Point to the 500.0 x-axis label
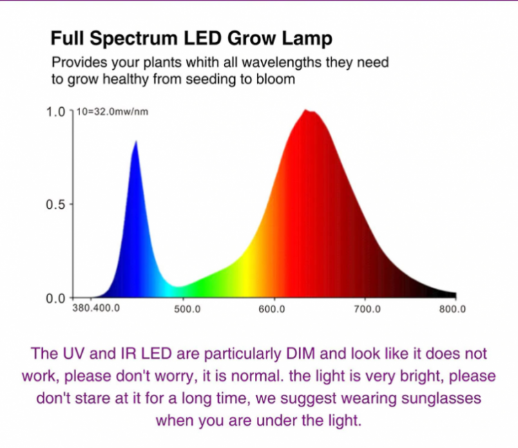186,309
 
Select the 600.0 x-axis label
272,309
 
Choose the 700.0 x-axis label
367,309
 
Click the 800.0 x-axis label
452,309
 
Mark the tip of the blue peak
135,141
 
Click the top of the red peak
307,111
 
